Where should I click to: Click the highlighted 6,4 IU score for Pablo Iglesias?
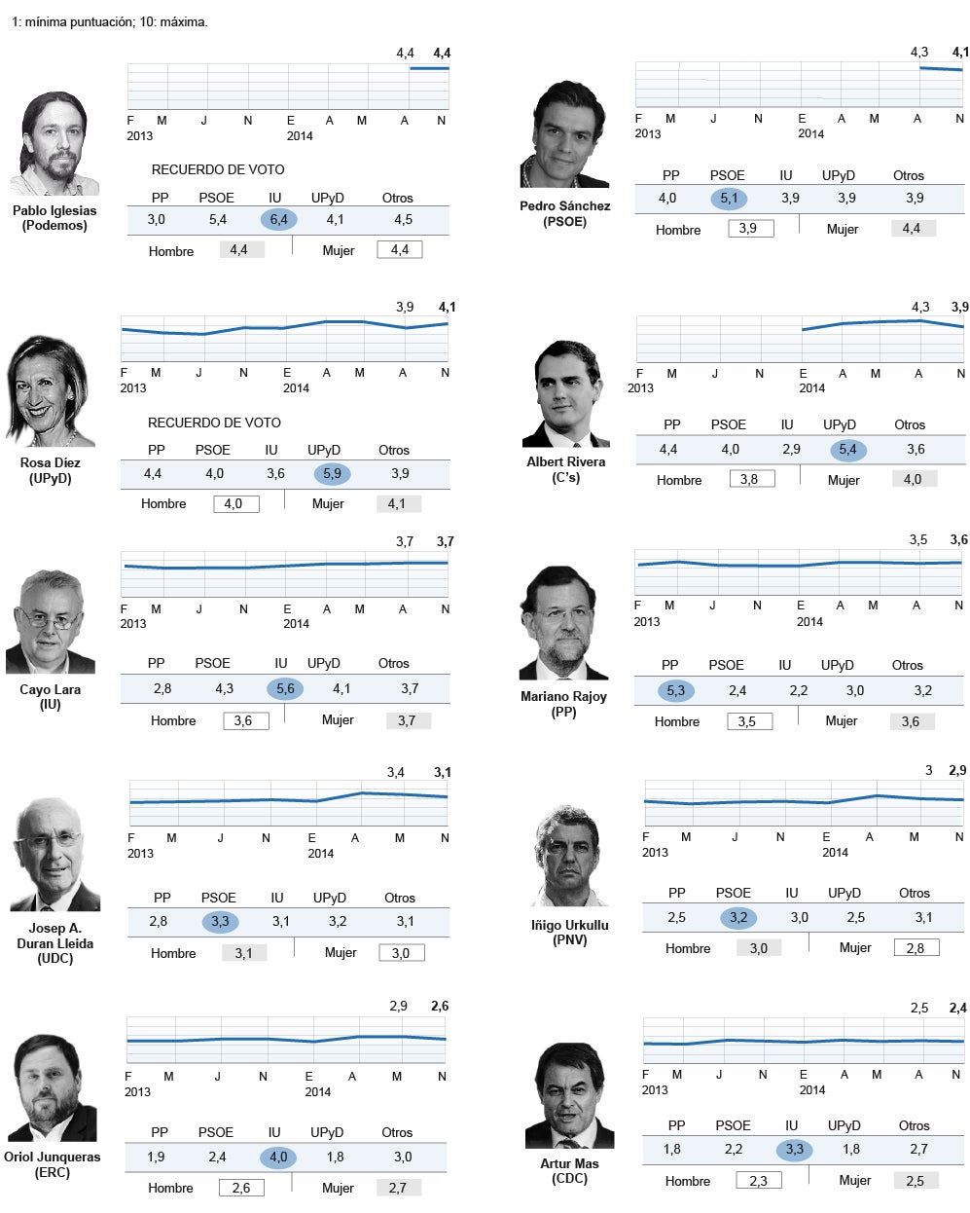tap(278, 219)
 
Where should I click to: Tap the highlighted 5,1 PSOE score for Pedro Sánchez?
tap(729, 199)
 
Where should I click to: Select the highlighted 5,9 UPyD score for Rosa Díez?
tap(332, 474)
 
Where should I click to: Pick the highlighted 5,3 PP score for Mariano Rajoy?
tap(675, 691)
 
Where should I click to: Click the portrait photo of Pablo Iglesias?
tap(54, 144)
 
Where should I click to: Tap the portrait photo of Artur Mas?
tap(569, 1096)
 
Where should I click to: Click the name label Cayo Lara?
tap(51, 689)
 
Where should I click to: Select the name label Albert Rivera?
tap(565, 461)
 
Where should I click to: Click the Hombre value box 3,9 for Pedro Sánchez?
tap(750, 229)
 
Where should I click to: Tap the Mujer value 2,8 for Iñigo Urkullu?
tap(916, 948)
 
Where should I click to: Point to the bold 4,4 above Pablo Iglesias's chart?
tap(442, 54)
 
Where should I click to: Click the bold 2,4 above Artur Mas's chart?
tap(957, 1009)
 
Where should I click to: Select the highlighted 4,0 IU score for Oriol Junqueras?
tap(278, 1158)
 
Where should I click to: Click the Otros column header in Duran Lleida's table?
tap(399, 898)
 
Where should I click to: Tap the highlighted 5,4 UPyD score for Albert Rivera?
tap(847, 450)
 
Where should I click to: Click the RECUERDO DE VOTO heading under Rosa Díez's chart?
tap(214, 423)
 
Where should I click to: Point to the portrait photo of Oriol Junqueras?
tap(53, 1088)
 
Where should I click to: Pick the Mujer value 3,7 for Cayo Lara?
tap(407, 721)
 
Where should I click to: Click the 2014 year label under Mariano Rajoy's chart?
tap(809, 622)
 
